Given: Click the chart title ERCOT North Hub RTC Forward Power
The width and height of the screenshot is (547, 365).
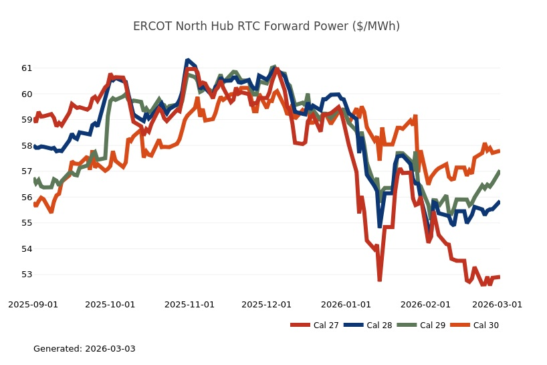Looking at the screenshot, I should click(266, 26).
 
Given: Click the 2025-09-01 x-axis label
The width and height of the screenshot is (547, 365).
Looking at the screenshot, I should click(33, 304).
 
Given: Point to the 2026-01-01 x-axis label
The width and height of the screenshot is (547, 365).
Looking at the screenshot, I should click(346, 304).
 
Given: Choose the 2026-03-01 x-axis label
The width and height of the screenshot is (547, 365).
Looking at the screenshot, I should click(497, 304).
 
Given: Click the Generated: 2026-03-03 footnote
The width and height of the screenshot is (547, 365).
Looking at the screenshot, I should click(84, 349).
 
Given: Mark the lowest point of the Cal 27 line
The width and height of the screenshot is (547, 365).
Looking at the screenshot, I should click(379, 280).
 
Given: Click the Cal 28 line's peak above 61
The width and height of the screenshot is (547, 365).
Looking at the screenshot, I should click(188, 61).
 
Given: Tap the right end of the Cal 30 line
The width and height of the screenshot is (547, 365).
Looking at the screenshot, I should click(500, 151).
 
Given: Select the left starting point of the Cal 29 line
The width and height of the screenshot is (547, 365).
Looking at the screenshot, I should click(34, 179).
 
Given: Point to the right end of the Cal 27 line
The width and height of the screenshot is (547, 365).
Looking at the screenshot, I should click(500, 277).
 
